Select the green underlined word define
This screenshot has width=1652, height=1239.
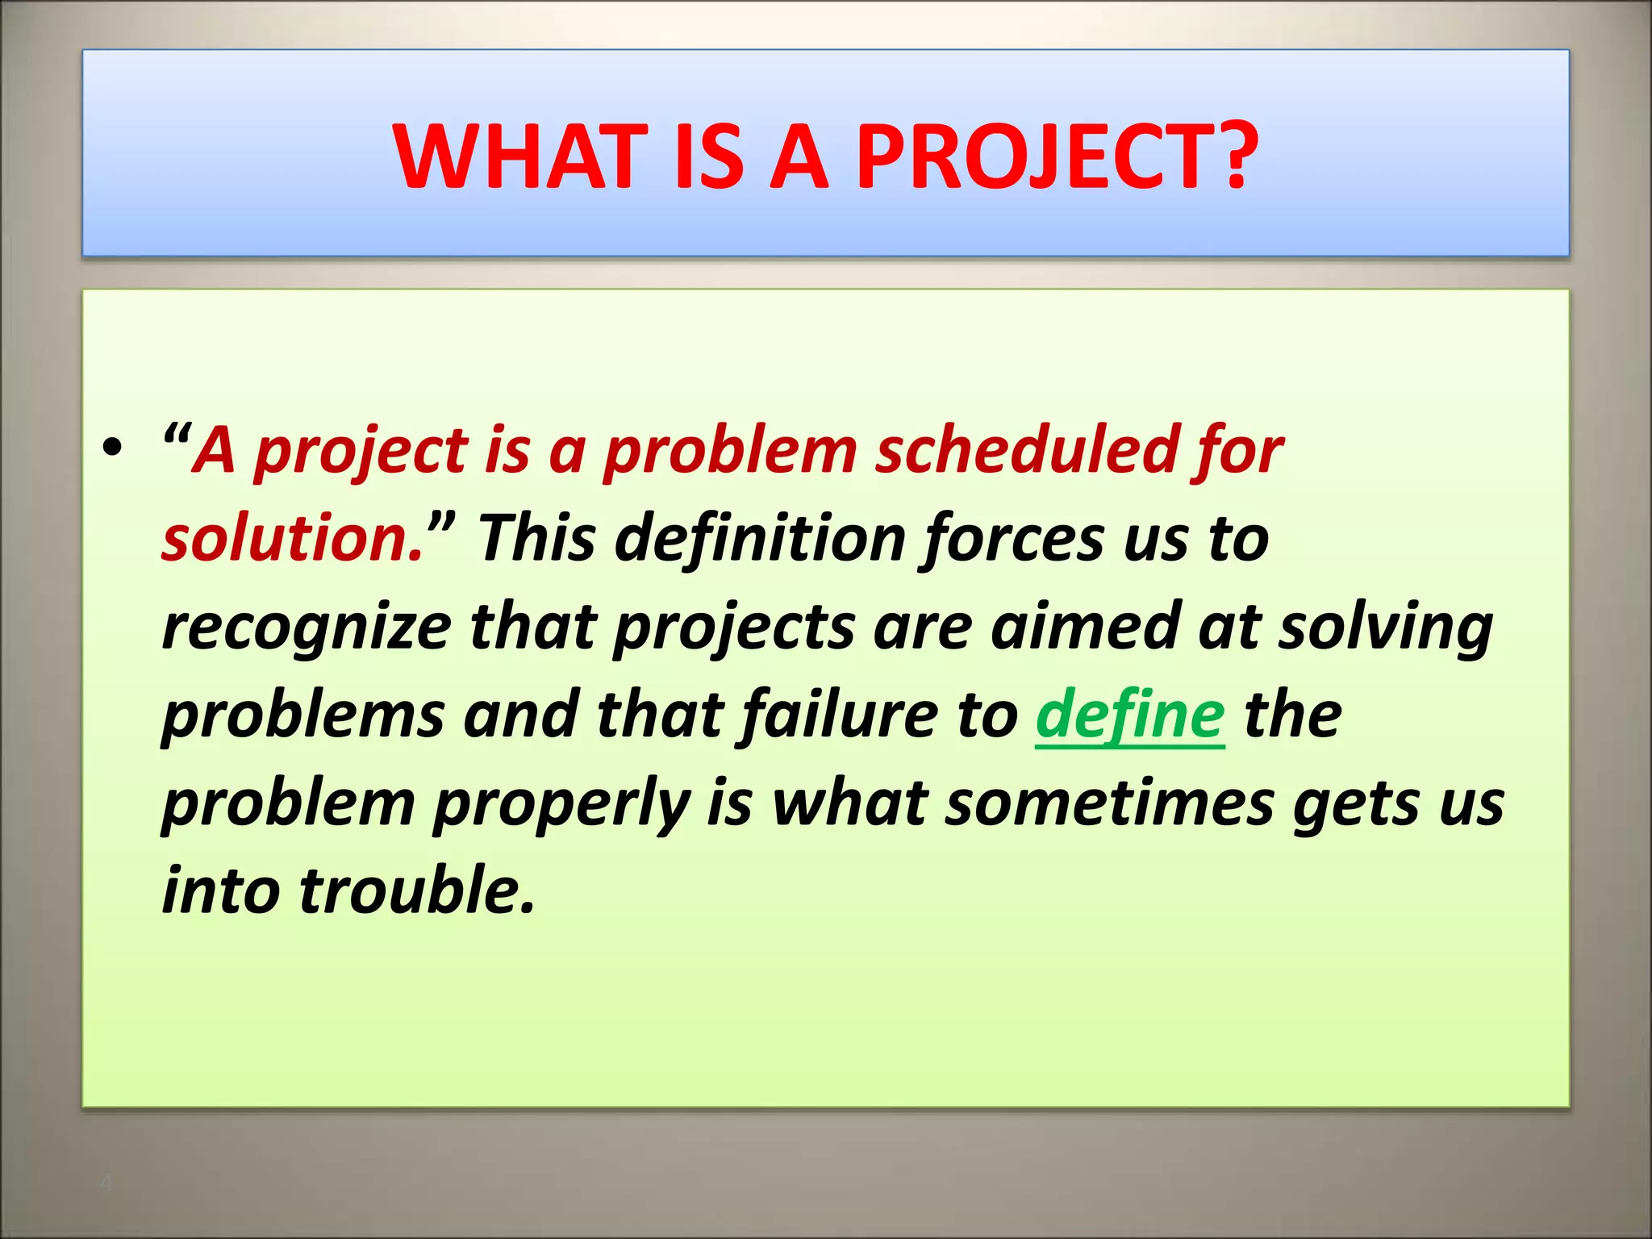[1130, 715]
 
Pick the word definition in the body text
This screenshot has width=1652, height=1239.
[760, 538]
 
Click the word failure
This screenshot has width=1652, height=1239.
[839, 715]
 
